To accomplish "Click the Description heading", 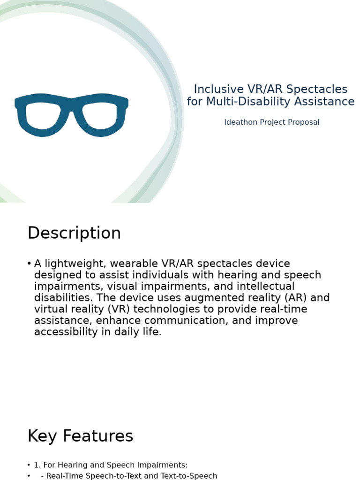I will tap(74, 233).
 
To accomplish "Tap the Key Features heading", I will tap(80, 436).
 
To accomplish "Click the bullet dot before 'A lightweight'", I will tap(29, 263).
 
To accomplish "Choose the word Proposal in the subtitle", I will tap(304, 122).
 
